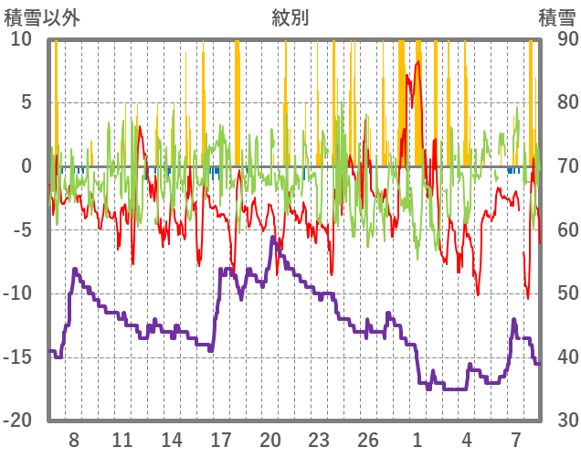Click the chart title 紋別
point(290,17)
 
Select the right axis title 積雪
point(556,17)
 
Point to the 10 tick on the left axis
point(21,39)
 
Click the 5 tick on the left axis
point(26,102)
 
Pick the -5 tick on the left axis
point(22,229)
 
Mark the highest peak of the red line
point(418,61)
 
